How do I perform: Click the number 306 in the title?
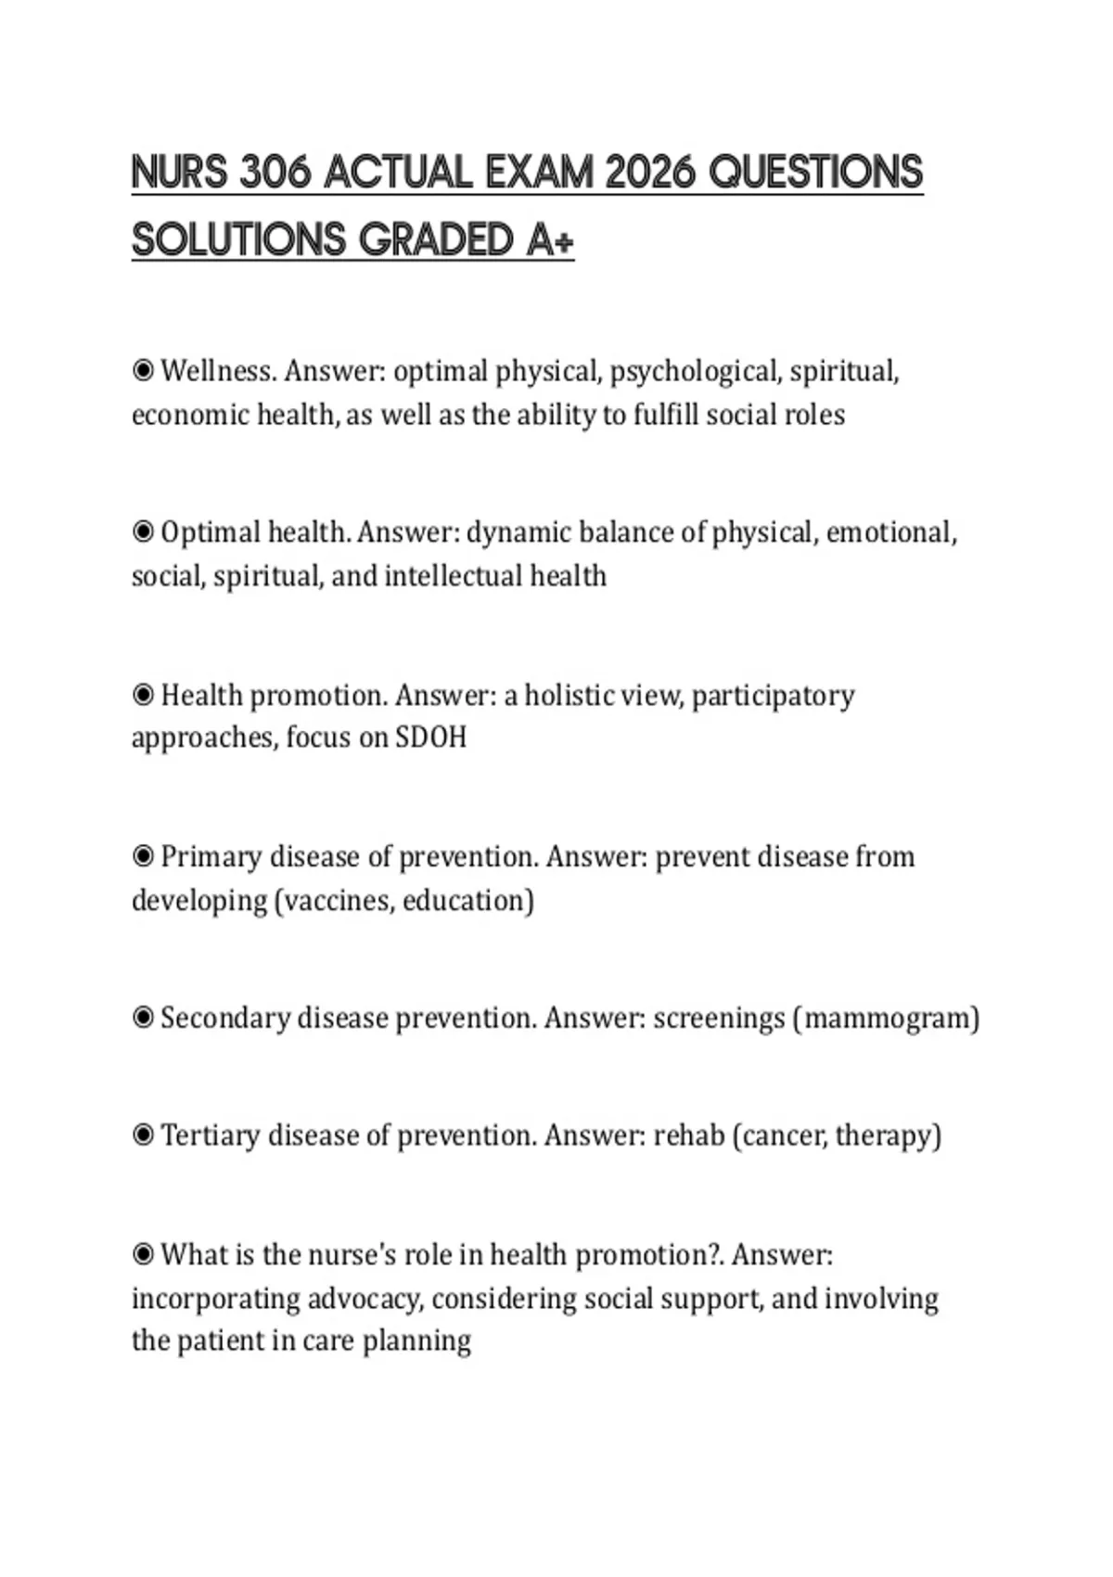point(274,173)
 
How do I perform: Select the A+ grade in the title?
point(551,239)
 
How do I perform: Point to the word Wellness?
point(218,371)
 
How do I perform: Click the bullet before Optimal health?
point(143,532)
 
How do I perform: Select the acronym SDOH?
point(431,737)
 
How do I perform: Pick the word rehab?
point(689,1135)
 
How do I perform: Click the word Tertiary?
point(210,1135)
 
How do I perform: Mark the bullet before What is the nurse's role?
point(143,1255)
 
